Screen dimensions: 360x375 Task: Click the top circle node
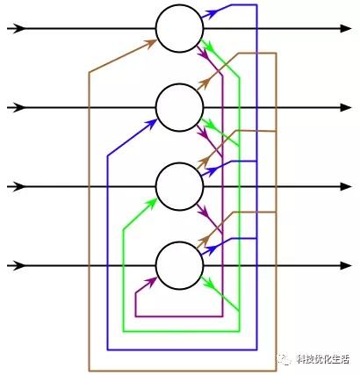click(179, 28)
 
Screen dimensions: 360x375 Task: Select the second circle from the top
click(179, 107)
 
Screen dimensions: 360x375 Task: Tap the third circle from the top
click(179, 186)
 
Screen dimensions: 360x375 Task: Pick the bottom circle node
click(179, 266)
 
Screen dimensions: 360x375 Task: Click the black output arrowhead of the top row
click(346, 28)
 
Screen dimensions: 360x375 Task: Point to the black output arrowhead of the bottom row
click(346, 266)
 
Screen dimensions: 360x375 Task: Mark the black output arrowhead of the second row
click(346, 107)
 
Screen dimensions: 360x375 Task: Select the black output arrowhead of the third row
click(346, 186)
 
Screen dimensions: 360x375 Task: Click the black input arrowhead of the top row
click(19, 28)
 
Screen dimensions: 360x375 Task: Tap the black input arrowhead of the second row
click(19, 107)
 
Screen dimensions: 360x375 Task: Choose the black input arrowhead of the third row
click(19, 186)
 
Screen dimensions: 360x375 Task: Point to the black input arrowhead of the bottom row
click(19, 266)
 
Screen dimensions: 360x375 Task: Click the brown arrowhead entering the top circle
click(150, 44)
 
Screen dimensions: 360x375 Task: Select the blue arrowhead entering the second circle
click(151, 123)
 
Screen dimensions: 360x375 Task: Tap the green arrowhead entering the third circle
click(151, 203)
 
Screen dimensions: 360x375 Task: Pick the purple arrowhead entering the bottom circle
click(151, 282)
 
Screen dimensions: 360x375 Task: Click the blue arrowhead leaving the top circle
click(212, 13)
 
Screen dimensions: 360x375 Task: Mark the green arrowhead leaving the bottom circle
click(207, 282)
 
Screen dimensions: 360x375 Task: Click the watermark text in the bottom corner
click(322, 358)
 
